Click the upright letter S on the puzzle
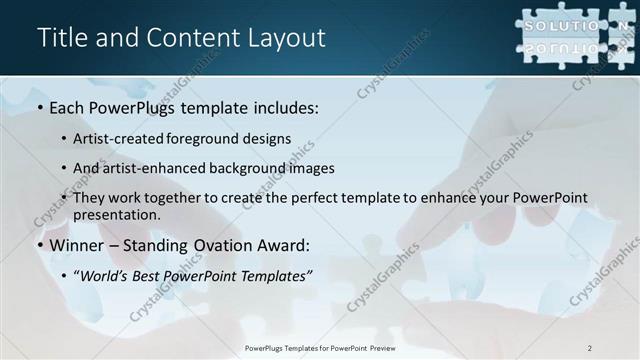coord(530,24)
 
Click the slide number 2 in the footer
coord(590,348)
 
